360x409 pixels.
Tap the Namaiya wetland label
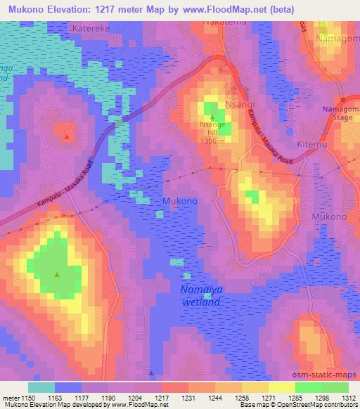[x=200, y=295]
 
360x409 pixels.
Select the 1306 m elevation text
[x=212, y=141]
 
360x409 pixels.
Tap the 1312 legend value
[x=349, y=397]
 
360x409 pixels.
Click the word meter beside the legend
[x=10, y=397]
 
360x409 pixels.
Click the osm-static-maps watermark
[x=329, y=372]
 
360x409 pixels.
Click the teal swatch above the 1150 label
[x=41, y=387]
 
